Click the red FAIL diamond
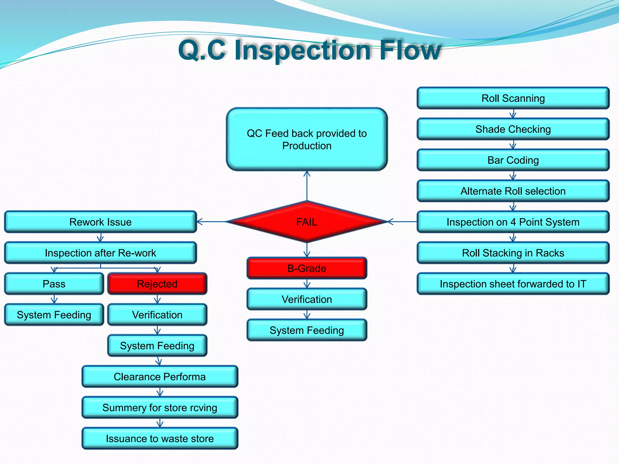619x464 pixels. click(307, 222)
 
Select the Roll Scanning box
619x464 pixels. click(513, 98)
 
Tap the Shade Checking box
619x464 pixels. click(513, 129)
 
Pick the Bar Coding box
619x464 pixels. click(513, 160)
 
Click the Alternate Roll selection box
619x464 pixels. click(513, 191)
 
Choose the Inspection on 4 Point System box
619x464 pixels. click(513, 222)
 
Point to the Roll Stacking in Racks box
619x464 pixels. click(513, 253)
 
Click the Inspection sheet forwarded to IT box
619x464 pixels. click(513, 284)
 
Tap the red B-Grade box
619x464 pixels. click(307, 268)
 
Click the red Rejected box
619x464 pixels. click(157, 284)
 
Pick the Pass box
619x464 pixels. click(54, 284)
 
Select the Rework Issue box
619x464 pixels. click(100, 222)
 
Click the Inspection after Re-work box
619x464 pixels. click(100, 253)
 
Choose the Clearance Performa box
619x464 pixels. click(160, 377)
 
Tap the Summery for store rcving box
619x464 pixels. click(160, 408)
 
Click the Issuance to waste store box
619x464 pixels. click(160, 439)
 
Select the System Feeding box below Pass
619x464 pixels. click(54, 315)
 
